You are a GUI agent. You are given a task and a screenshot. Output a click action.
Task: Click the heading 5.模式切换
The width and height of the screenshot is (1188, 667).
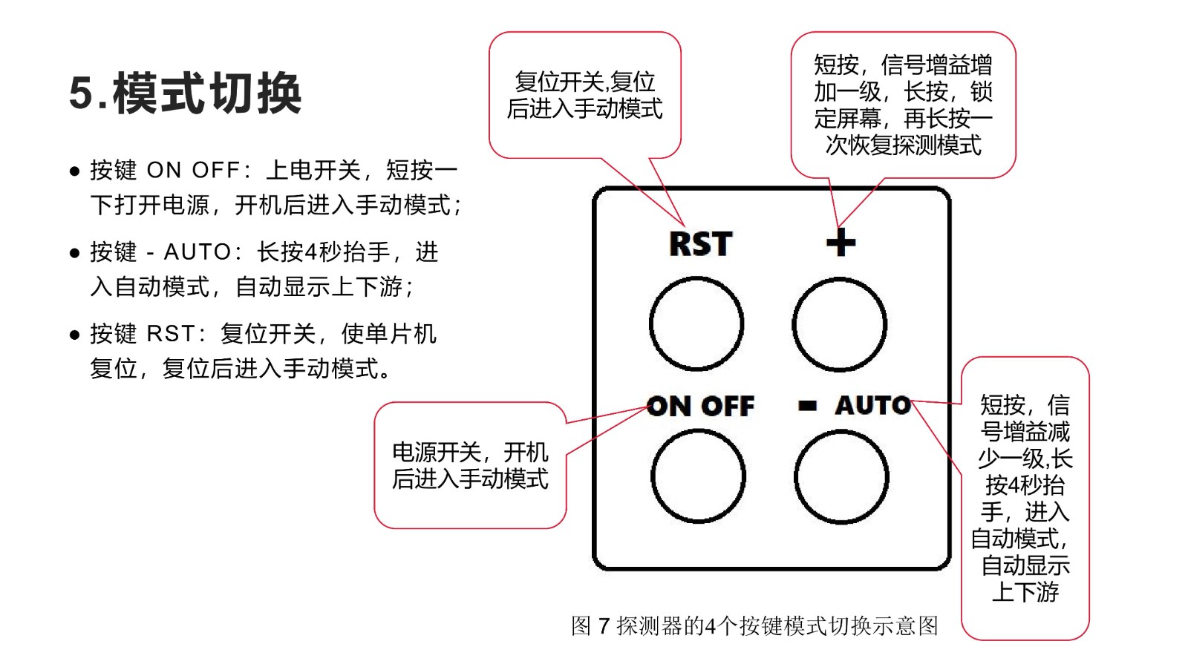pyautogui.click(x=185, y=93)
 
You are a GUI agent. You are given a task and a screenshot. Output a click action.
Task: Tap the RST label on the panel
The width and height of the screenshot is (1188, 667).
pyautogui.click(x=701, y=243)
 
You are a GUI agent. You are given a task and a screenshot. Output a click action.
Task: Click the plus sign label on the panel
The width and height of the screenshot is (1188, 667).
pyautogui.click(x=841, y=243)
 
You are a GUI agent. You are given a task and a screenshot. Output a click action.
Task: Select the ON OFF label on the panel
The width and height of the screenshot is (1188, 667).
pyautogui.click(x=700, y=407)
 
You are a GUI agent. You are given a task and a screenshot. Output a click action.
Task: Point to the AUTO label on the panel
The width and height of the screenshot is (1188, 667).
pyautogui.click(x=873, y=405)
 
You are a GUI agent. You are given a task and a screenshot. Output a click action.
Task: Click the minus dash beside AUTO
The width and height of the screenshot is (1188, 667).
pyautogui.click(x=807, y=406)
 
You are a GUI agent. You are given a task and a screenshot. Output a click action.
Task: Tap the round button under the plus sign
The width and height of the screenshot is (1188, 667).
pyautogui.click(x=840, y=324)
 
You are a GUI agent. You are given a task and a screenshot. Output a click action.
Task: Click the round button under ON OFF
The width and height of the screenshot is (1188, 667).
pyautogui.click(x=698, y=476)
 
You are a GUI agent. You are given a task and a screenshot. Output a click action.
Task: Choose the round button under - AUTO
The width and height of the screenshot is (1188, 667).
pyautogui.click(x=841, y=477)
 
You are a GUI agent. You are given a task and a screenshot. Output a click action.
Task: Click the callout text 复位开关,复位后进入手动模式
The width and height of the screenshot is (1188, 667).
pyautogui.click(x=584, y=96)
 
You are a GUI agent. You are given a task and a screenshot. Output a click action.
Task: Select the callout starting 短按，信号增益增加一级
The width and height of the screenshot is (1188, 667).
pyautogui.click(x=903, y=105)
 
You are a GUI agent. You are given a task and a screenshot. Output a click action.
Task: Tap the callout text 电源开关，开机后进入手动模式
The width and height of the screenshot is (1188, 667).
pyautogui.click(x=470, y=466)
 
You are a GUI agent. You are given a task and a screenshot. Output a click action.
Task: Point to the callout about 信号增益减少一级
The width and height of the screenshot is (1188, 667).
pyautogui.click(x=1025, y=498)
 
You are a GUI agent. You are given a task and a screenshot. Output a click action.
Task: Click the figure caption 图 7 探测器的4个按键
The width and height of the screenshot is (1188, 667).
pyautogui.click(x=754, y=625)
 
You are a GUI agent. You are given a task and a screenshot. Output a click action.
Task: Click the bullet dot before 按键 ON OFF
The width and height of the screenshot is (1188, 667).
pyautogui.click(x=75, y=171)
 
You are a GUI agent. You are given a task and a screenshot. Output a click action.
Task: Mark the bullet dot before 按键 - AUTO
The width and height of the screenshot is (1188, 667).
pyautogui.click(x=75, y=253)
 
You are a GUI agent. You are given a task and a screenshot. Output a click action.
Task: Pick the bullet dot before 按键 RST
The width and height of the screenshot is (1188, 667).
pyautogui.click(x=75, y=335)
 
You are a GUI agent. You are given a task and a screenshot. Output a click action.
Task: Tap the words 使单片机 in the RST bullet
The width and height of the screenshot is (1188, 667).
pyautogui.click(x=389, y=334)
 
